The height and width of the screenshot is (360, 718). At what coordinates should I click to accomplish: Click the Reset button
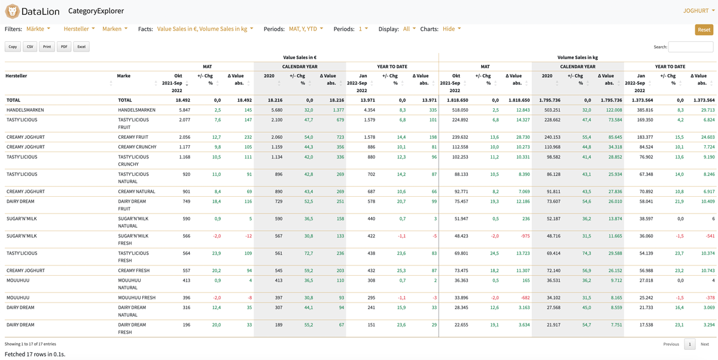704,30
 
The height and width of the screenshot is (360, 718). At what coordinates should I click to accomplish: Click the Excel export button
81,47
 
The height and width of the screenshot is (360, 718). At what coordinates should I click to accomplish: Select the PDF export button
64,47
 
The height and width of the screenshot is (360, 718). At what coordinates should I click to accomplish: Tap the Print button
47,47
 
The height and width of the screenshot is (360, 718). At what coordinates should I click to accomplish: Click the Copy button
13,47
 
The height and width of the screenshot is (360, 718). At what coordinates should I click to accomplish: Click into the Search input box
690,47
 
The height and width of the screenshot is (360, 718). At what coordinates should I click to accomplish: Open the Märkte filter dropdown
38,29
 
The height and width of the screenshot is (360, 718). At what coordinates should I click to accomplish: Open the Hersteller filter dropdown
79,29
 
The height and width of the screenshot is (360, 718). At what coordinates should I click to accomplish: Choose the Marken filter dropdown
114,29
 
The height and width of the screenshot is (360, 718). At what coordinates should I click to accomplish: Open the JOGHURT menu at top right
698,11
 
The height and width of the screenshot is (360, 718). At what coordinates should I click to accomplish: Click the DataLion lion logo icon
12,11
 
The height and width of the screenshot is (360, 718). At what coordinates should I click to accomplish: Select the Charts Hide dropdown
452,29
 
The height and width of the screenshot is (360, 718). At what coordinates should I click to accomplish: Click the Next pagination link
705,344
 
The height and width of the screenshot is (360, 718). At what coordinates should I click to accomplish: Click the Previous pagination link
671,344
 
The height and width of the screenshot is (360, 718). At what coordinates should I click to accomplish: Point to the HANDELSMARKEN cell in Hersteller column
25,110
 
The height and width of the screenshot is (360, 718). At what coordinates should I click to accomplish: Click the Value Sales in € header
300,57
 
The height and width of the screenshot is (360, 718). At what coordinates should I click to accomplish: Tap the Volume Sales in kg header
577,57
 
